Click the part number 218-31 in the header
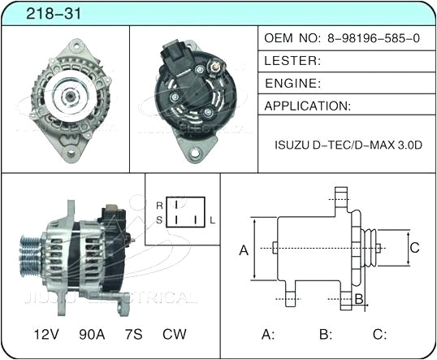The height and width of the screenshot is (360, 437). pos(39,14)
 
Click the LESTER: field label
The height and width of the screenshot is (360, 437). pos(293,61)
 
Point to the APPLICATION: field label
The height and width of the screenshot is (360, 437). pos(308,106)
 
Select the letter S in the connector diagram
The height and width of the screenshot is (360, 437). pos(159,220)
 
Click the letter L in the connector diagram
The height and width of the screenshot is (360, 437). pos(213,220)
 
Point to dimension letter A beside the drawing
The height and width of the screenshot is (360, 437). pos(243,251)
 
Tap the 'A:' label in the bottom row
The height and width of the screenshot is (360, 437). pos(268,334)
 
